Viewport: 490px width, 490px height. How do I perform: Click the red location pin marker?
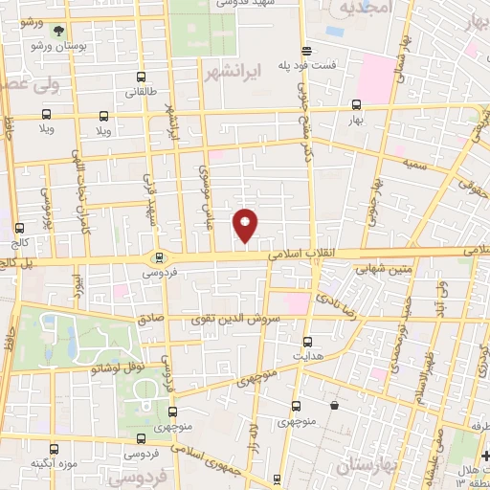pos(246,224)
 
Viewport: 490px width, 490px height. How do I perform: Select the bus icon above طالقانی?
pos(142,78)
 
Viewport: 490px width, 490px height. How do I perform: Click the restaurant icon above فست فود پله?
pos(306,51)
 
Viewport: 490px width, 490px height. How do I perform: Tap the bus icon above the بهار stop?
pos(357,105)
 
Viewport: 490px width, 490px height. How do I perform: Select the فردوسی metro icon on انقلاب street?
pos(160,256)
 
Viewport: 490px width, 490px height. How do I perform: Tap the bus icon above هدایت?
pos(307,341)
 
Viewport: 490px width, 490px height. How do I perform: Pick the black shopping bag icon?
pos(333,406)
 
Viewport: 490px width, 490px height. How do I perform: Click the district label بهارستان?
pos(367,465)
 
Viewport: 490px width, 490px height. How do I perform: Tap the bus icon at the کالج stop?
pos(20,228)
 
